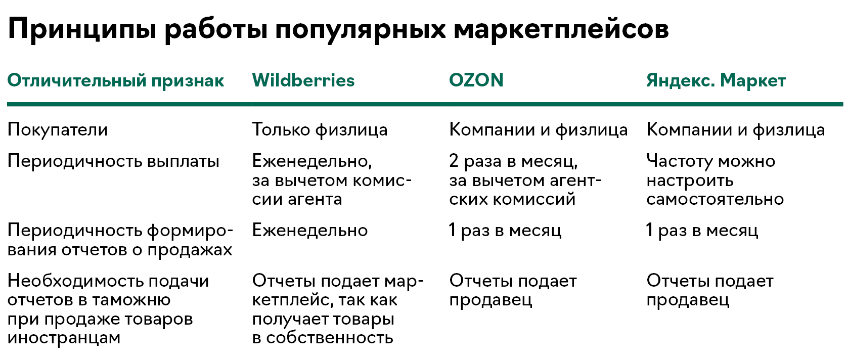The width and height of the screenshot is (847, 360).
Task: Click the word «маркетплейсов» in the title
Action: click(561, 29)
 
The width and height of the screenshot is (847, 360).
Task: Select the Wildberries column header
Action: click(303, 80)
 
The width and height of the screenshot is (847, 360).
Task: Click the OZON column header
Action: click(476, 80)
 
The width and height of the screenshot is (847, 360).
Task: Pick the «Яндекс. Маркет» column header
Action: click(716, 81)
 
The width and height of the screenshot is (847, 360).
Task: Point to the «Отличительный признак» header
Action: click(116, 81)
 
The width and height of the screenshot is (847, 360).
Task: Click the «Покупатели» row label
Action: click(58, 130)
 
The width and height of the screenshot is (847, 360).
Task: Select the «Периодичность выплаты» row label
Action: click(113, 161)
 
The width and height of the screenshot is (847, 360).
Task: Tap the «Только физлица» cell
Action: click(320, 130)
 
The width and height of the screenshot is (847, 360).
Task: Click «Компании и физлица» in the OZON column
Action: click(539, 130)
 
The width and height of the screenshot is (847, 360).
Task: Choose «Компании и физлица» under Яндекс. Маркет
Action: click(735, 130)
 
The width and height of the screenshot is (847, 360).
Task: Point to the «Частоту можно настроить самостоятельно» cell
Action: click(715, 180)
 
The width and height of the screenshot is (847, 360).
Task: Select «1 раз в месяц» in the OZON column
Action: click(505, 230)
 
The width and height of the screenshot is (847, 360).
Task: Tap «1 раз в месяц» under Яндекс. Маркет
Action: click(702, 230)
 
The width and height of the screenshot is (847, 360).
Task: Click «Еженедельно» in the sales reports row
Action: click(309, 230)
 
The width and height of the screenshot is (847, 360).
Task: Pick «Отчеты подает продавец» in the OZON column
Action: click(513, 290)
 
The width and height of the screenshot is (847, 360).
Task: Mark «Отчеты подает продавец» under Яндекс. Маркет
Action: click(710, 290)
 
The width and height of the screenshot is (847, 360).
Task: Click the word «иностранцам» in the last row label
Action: click(64, 338)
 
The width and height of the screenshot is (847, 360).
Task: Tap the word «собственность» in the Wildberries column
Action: click(330, 338)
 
